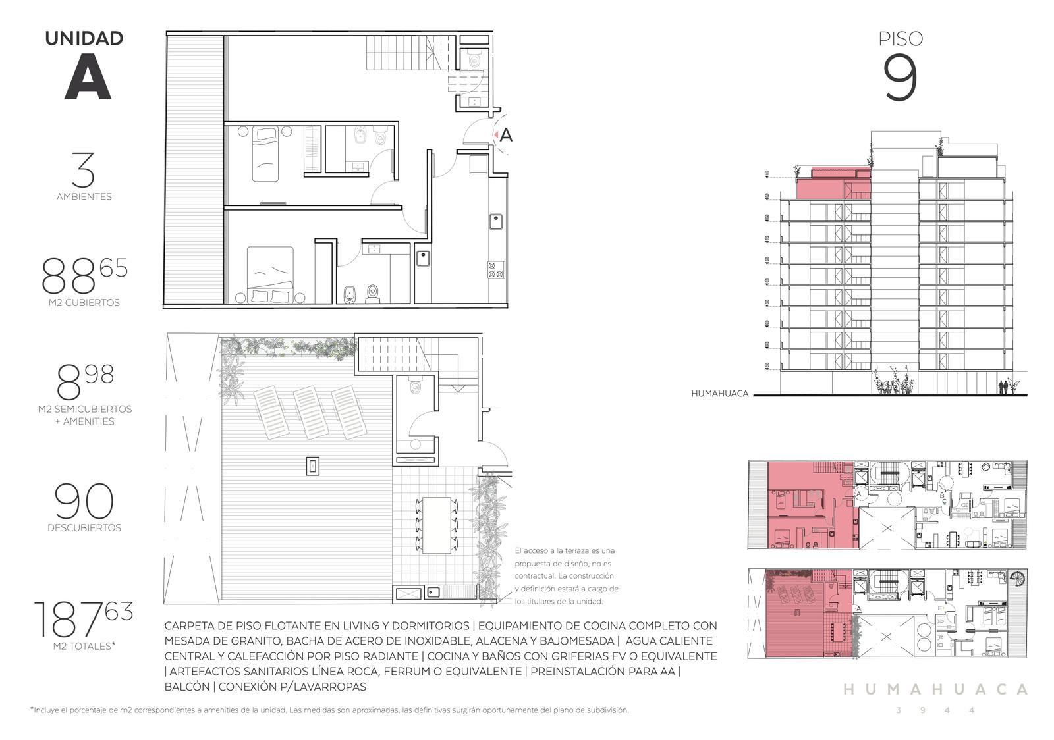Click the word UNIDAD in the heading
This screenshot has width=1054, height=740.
(x=84, y=39)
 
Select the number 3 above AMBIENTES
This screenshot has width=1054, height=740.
(x=84, y=170)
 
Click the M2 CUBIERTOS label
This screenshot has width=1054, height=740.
(x=84, y=303)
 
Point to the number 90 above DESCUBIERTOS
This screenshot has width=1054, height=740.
(x=84, y=501)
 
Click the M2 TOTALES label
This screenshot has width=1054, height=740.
(x=84, y=646)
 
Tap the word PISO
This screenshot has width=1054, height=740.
(x=901, y=39)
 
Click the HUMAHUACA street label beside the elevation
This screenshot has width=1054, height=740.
(x=719, y=394)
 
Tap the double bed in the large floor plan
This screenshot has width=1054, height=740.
(x=270, y=275)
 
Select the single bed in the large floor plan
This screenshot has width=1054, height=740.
(x=265, y=153)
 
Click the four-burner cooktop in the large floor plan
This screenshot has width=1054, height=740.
(x=496, y=270)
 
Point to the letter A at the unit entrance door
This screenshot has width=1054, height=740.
(x=506, y=136)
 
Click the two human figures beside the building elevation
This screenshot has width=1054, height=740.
(x=1003, y=387)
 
